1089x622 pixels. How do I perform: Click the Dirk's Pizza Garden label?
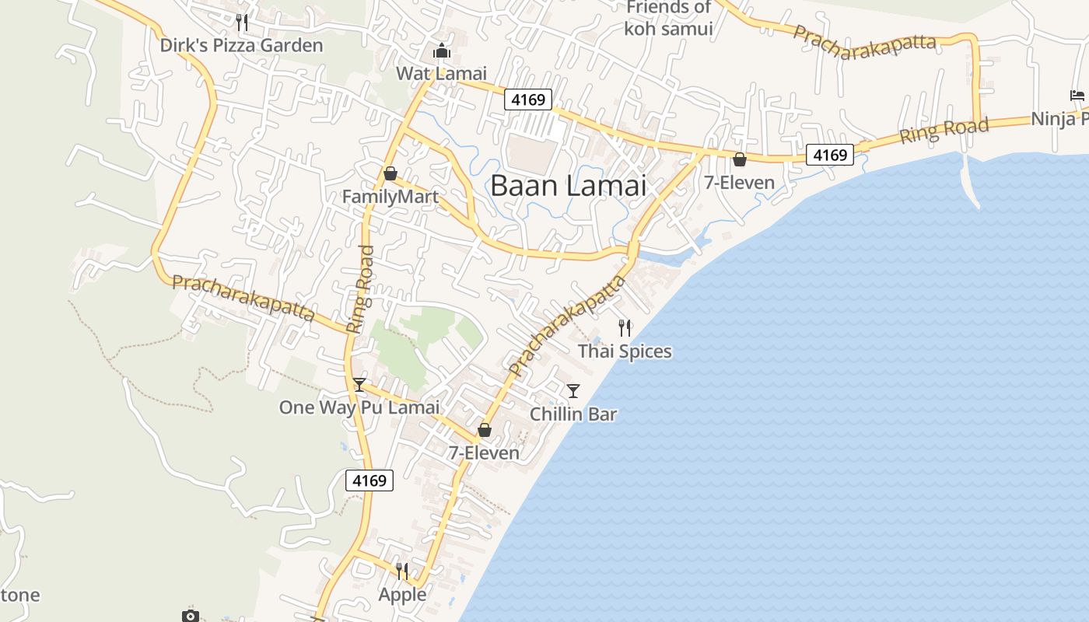coord(241,45)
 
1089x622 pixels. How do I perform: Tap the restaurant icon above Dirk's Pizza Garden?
coord(242,23)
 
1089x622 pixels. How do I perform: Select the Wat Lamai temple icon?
coord(442,51)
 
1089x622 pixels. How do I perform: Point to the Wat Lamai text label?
coord(441,73)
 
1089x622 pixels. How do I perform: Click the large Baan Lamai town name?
coord(569,186)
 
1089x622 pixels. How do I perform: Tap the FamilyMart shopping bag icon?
coord(390,173)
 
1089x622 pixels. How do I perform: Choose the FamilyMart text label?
coord(390,197)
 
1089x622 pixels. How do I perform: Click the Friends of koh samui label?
coord(668,18)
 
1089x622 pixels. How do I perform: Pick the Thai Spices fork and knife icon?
coord(625,328)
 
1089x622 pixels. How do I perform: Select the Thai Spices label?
coord(625,351)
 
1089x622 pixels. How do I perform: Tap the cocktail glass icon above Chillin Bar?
coord(573,390)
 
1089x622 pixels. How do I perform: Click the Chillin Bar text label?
coord(573,414)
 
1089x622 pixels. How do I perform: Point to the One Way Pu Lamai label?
coord(359,407)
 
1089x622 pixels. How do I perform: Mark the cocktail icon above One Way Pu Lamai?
coord(359,384)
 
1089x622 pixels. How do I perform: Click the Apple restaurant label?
coord(402,595)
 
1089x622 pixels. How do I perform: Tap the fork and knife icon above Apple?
coord(402,571)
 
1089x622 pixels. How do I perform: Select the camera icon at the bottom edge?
coord(191,616)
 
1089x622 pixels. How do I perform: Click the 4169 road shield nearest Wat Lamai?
coord(528,100)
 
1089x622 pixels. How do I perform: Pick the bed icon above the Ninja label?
coord(1077,96)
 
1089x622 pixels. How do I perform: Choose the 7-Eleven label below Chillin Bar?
coord(484,453)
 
